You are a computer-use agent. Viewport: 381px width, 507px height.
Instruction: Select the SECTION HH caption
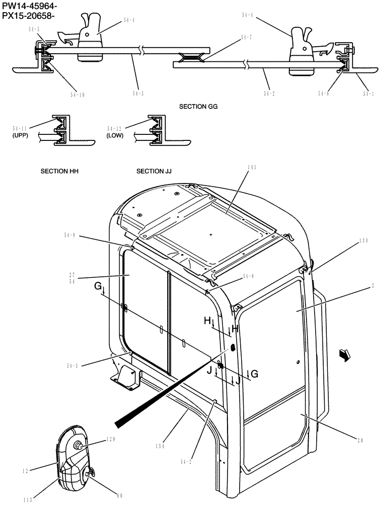[59, 171]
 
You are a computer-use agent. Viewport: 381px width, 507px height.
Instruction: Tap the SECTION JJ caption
[154, 171]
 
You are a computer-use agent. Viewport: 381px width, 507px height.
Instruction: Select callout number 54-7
[246, 37]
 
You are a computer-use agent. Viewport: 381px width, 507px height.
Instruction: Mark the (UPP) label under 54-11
[20, 136]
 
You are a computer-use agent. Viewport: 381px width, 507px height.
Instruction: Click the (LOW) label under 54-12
[115, 136]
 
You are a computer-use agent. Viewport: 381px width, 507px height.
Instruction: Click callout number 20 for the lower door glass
[360, 441]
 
